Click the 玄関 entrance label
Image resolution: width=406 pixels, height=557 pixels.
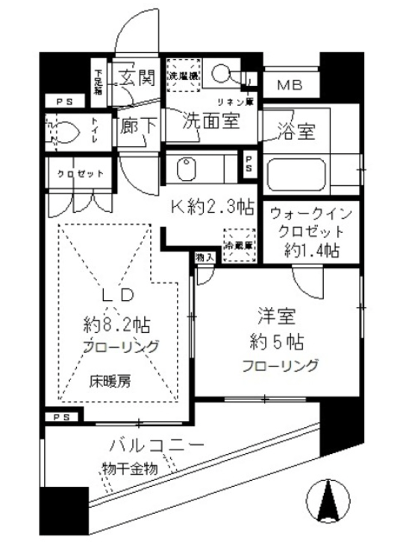click(136, 77)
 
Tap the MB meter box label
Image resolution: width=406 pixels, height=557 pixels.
click(290, 85)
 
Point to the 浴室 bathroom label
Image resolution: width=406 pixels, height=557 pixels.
click(296, 133)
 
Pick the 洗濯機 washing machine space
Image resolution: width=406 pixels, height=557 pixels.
click(182, 75)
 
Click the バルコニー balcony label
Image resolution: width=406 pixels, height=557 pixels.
click(156, 446)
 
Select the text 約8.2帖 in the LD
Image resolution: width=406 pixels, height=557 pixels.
click(119, 325)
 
